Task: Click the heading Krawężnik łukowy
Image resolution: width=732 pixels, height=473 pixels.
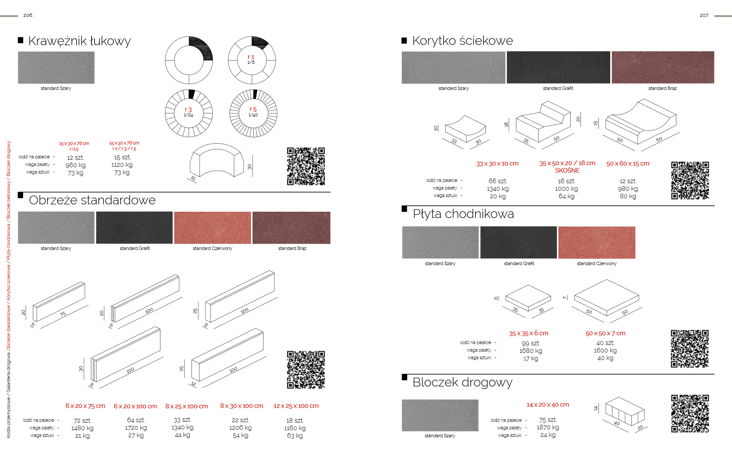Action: click(x=79, y=41)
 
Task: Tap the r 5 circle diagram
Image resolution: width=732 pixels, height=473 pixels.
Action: click(x=253, y=113)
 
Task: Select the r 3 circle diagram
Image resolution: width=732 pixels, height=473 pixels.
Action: click(x=189, y=113)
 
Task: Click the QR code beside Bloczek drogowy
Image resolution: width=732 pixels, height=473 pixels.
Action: click(x=690, y=413)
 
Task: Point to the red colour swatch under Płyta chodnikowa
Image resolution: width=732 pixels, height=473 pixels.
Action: click(x=596, y=242)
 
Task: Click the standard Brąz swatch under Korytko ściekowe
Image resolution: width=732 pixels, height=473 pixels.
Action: click(x=663, y=67)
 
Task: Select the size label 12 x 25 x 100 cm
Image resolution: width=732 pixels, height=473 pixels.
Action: click(x=296, y=406)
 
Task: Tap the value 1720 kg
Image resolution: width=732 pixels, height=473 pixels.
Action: click(x=136, y=428)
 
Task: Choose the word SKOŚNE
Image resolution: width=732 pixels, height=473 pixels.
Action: click(x=567, y=171)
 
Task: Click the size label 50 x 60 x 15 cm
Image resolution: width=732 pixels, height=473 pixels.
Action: click(x=627, y=163)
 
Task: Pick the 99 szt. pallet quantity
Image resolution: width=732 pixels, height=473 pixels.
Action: click(x=530, y=343)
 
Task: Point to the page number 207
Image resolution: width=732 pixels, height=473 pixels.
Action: click(x=704, y=16)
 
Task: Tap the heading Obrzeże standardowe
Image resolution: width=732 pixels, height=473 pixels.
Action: click(x=92, y=200)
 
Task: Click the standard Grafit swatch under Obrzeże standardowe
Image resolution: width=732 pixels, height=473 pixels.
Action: click(x=134, y=228)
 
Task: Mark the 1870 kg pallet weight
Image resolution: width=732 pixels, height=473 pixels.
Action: click(x=548, y=427)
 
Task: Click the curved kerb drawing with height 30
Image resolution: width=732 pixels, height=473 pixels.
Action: click(x=217, y=160)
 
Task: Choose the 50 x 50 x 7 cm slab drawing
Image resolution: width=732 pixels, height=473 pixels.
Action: click(x=606, y=297)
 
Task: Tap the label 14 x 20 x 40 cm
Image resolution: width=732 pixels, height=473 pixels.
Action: click(x=548, y=405)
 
